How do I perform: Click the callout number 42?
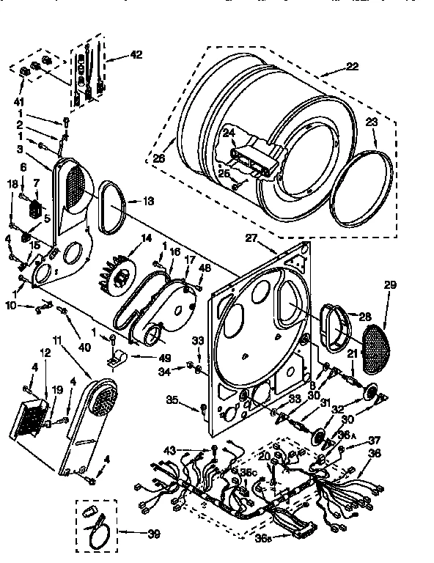tap(136, 54)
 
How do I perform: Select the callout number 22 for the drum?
tap(353, 67)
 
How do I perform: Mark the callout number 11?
tap(57, 339)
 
